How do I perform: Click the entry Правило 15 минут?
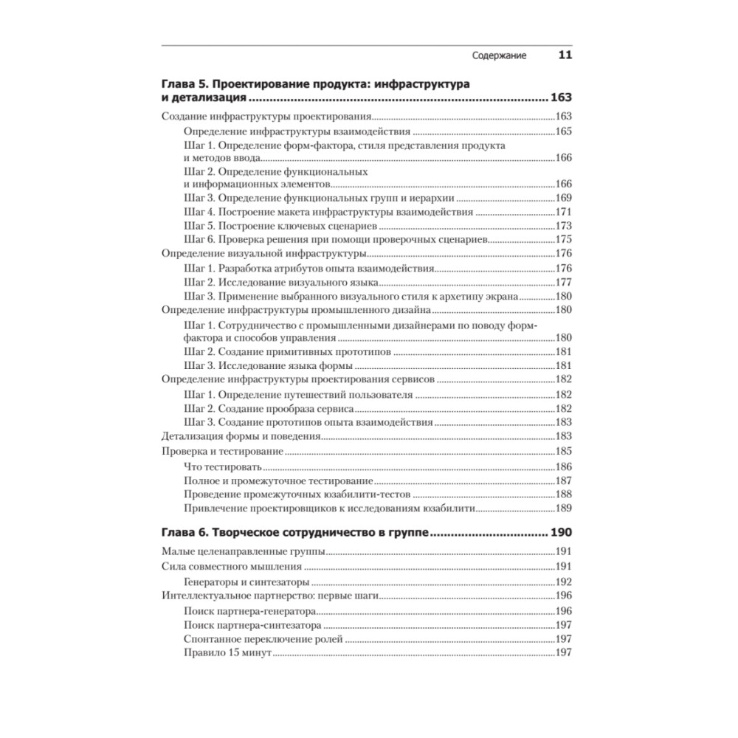pos(228,653)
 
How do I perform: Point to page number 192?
pos(564,581)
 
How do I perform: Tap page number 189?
pos(564,509)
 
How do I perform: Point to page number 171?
pos(564,212)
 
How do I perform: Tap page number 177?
pos(564,283)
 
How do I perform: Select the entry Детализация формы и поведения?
pos(241,436)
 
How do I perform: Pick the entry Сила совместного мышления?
pos(231,567)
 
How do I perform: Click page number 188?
pos(564,494)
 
